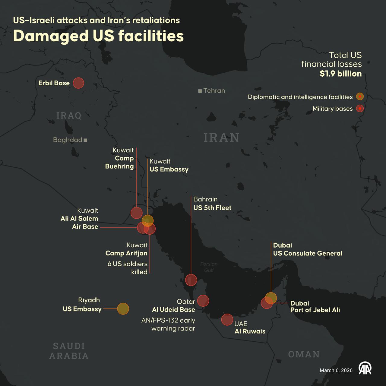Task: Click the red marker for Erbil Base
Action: [78, 83]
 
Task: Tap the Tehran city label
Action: [214, 90]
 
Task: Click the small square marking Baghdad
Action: [85, 140]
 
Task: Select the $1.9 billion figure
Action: [340, 74]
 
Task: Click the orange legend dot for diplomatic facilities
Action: [360, 96]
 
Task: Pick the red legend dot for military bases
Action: [360, 108]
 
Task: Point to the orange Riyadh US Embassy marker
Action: [123, 309]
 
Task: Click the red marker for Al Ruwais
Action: [227, 320]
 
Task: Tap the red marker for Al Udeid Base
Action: [203, 301]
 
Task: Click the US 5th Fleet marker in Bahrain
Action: [191, 280]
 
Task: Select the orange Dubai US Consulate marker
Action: [271, 298]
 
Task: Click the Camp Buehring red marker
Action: [137, 213]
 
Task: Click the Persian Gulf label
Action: [209, 267]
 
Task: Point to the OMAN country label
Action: [304, 354]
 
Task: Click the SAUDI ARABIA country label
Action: [69, 351]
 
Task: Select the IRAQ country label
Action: [69, 115]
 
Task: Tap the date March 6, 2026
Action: [336, 370]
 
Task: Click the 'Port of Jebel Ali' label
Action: [315, 310]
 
